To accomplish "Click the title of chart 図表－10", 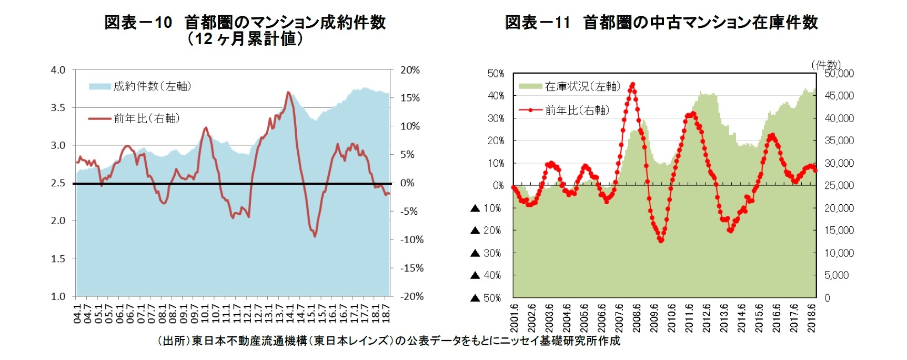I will tap(245, 30).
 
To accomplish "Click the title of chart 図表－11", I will tap(661, 23).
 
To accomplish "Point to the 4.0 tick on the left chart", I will tap(58, 70).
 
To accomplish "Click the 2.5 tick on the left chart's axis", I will tap(58, 183).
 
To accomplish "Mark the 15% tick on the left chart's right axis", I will tap(410, 98).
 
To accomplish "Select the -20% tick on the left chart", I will tap(412, 296).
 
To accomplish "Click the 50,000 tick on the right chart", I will tap(839, 74).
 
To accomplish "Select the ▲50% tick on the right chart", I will tap(486, 298).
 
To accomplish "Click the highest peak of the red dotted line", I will tap(632, 84).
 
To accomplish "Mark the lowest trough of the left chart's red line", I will tap(315, 236).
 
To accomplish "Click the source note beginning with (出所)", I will tap(389, 341).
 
